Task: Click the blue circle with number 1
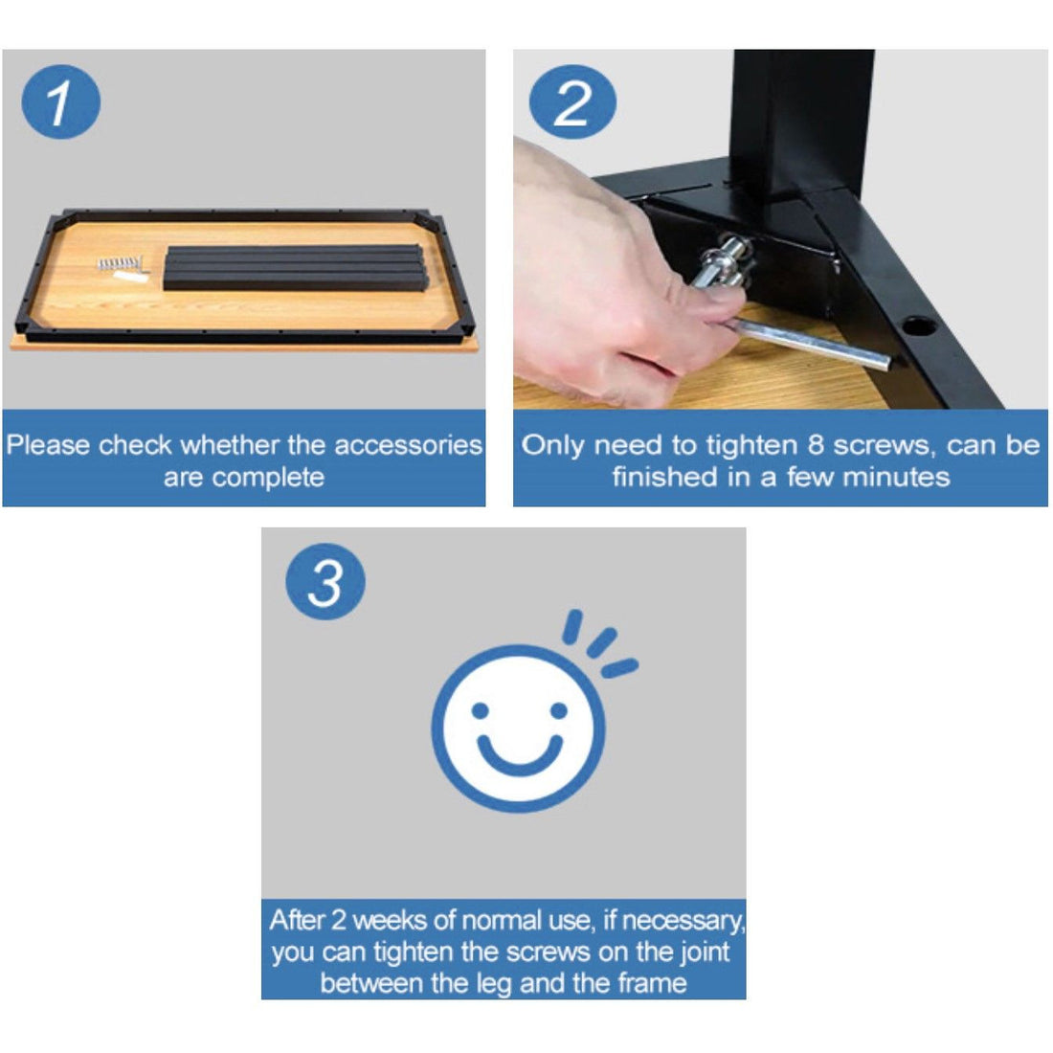(60, 102)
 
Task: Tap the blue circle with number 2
(572, 102)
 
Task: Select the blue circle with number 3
(325, 581)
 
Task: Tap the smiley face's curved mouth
(519, 754)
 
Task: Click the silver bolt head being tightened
(728, 258)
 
